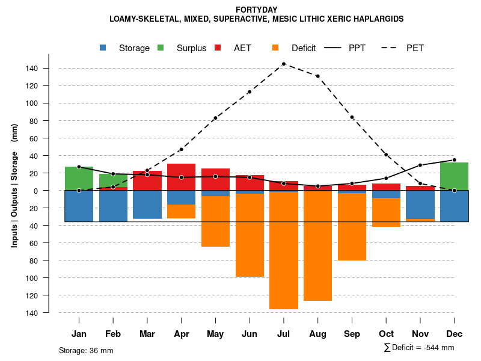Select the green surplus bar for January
click(79, 178)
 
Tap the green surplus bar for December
click(455, 176)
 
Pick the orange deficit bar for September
click(352, 227)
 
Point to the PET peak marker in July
click(283, 64)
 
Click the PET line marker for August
click(317, 76)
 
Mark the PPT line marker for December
click(455, 160)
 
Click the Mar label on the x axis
click(147, 334)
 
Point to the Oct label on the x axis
click(386, 334)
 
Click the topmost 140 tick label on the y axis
click(32, 69)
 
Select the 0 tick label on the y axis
click(36, 191)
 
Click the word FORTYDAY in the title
click(256, 10)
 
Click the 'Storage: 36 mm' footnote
click(86, 350)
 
